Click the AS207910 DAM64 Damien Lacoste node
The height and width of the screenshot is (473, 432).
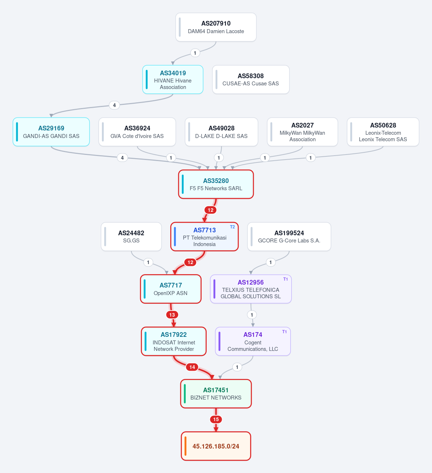coord(216,27)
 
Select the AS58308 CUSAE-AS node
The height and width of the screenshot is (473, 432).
coord(251,80)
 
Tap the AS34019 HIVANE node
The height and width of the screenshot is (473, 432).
coord(173,80)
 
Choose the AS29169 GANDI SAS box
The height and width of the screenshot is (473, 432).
coord(51,132)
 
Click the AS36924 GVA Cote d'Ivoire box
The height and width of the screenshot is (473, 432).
coord(137,132)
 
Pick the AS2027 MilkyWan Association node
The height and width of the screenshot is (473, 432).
coord(302,132)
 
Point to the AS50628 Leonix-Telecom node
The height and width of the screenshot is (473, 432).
coord(383,132)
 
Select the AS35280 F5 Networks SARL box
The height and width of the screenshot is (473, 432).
coord(216,184)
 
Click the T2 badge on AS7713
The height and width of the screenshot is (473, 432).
coord(232,227)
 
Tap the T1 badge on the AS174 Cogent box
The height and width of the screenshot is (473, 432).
coord(284,331)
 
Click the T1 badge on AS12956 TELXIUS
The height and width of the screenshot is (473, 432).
coord(285,279)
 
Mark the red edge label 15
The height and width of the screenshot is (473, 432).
coord(216,419)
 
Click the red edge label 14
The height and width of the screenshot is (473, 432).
coord(192,367)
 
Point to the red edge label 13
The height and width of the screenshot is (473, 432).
coord(172,314)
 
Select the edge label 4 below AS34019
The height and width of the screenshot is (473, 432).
coord(114,105)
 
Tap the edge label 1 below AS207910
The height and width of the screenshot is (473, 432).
coord(195,53)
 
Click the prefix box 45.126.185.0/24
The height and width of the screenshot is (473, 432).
coord(216,446)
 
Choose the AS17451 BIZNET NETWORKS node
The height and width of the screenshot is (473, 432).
coord(216,393)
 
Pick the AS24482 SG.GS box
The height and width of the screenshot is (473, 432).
coord(131,236)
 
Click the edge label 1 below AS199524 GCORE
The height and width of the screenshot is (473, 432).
coord(271,262)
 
